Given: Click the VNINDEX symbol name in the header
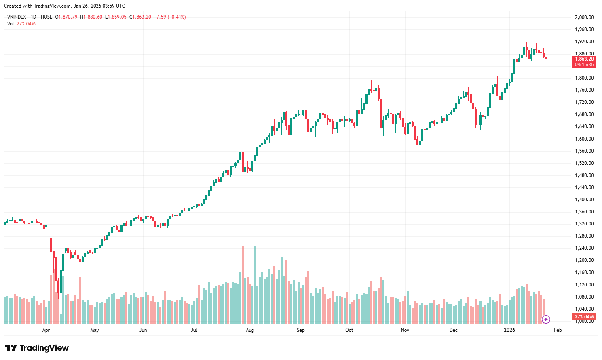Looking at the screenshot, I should click(17, 17).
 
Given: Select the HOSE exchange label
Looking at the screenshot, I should click(46, 17).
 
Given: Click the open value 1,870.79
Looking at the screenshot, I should click(68, 17).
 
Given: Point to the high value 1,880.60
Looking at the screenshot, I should click(93, 17).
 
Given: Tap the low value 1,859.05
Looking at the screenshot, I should click(117, 17).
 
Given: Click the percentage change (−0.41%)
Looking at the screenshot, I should click(176, 17).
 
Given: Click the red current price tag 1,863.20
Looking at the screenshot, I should click(584, 59).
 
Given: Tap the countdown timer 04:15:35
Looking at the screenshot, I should click(584, 65).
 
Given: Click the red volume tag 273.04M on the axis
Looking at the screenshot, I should click(584, 317).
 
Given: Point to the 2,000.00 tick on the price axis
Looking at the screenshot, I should click(584, 17).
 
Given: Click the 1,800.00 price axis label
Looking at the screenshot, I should click(584, 78).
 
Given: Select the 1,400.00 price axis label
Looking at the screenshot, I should click(584, 200).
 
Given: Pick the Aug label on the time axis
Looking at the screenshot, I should click(250, 330).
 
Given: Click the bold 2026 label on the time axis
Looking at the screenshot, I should click(509, 330).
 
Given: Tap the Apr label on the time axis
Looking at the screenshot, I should click(46, 330).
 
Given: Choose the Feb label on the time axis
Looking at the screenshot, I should click(558, 330).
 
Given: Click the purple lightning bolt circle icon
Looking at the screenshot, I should click(546, 320).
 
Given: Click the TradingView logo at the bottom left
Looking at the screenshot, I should click(37, 348).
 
